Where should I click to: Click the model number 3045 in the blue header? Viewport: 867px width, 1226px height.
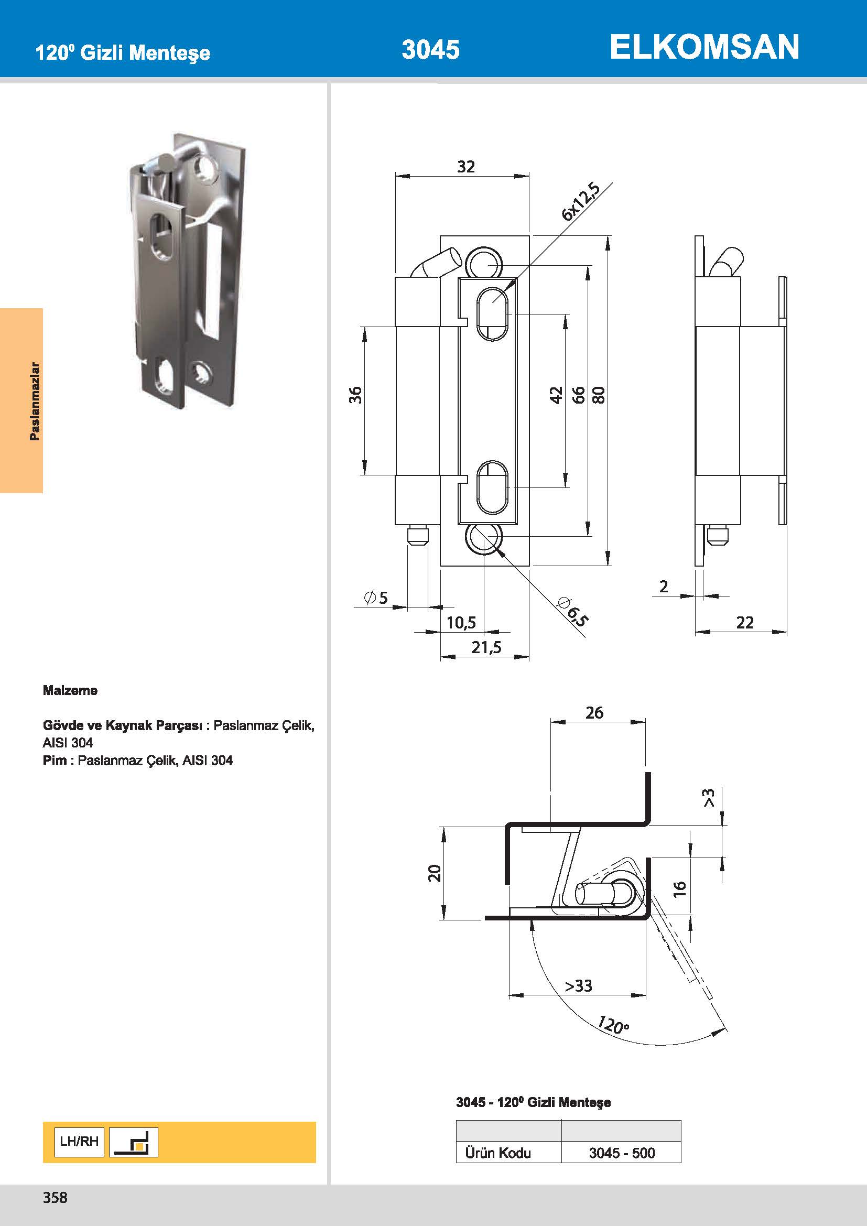pyautogui.click(x=430, y=50)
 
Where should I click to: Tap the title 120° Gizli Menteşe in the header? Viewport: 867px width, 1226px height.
pyautogui.click(x=122, y=52)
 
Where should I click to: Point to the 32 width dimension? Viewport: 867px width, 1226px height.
pyautogui.click(x=465, y=167)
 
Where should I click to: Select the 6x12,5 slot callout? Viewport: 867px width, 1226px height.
pyautogui.click(x=581, y=201)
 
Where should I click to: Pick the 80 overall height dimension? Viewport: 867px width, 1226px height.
pyautogui.click(x=599, y=395)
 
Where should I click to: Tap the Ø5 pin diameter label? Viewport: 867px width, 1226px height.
pyautogui.click(x=376, y=597)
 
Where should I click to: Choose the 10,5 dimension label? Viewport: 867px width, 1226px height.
pyautogui.click(x=461, y=622)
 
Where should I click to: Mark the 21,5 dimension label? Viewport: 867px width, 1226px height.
pyautogui.click(x=486, y=647)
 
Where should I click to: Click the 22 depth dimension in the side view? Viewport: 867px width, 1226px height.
pyautogui.click(x=744, y=622)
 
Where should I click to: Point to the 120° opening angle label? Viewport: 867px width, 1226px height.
pyautogui.click(x=613, y=1025)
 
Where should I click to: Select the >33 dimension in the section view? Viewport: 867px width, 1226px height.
pyautogui.click(x=578, y=985)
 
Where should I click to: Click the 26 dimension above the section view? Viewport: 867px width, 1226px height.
pyautogui.click(x=594, y=712)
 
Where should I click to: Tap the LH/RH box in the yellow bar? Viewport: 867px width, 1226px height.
pyautogui.click(x=79, y=1142)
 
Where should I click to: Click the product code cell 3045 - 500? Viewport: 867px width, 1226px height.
pyautogui.click(x=622, y=1153)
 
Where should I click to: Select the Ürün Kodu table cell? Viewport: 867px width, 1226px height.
pyautogui.click(x=497, y=1153)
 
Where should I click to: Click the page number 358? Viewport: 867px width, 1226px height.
pyautogui.click(x=55, y=1197)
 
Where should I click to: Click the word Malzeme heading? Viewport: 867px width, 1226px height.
pyautogui.click(x=70, y=690)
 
